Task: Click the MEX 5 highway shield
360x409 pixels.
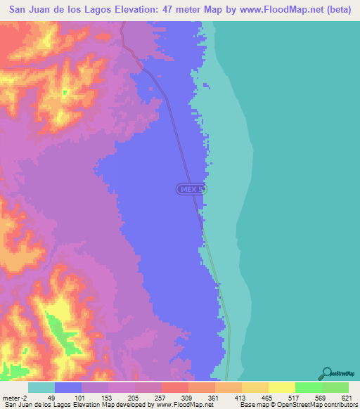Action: (191, 189)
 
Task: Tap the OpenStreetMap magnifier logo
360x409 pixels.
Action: (327, 374)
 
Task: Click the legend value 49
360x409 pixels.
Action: (55, 397)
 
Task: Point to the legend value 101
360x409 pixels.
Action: (82, 397)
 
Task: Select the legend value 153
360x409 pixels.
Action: (108, 397)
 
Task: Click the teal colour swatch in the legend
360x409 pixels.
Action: (41, 387)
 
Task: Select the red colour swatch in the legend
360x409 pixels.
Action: (175, 387)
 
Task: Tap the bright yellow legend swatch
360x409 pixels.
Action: (282, 387)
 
